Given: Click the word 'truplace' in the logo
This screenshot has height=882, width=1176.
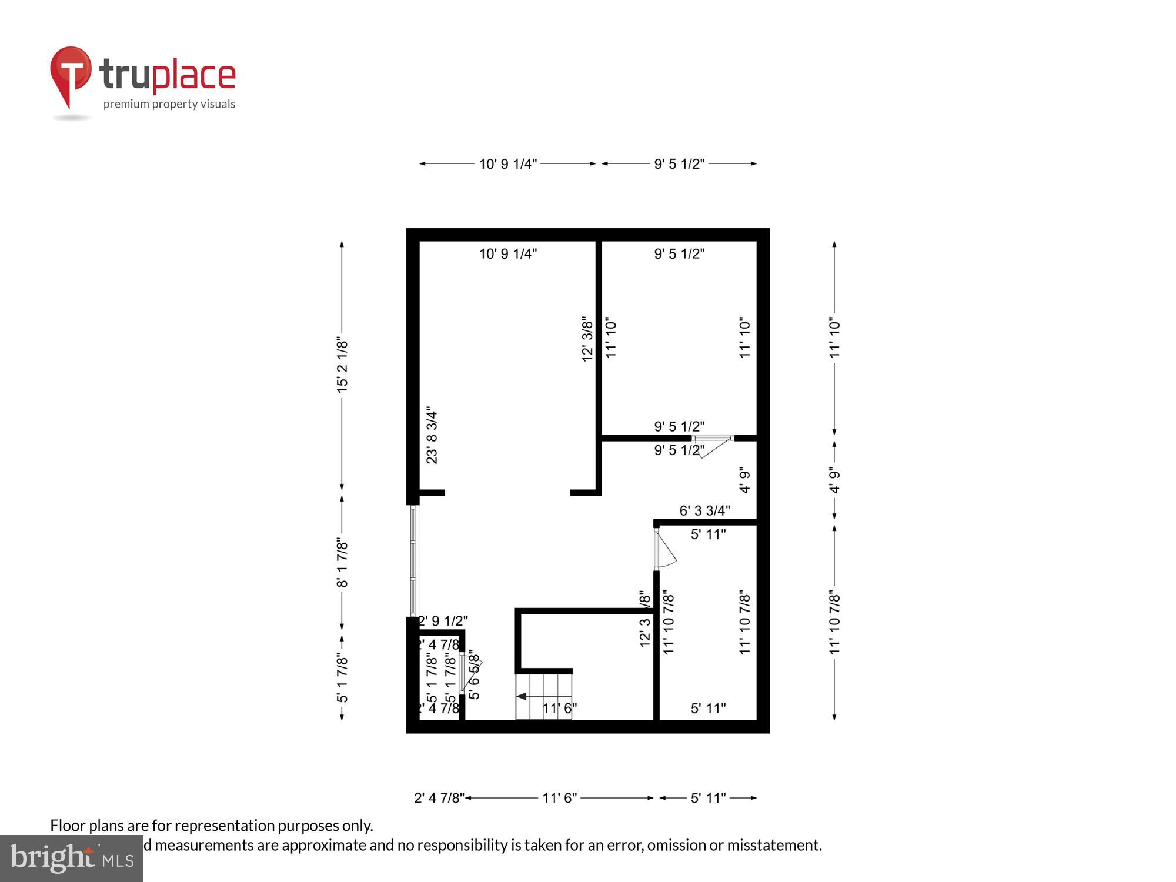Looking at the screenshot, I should coord(168,76).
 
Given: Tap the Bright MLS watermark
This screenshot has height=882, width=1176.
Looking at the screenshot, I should coord(72,858).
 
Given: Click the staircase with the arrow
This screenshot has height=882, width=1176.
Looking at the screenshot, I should coord(544,697).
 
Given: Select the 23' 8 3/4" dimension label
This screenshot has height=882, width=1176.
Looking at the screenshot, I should coord(432,435).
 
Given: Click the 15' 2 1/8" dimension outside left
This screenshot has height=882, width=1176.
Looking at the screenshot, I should coord(342,365).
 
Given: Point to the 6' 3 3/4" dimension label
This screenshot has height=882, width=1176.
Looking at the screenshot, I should coord(704,510).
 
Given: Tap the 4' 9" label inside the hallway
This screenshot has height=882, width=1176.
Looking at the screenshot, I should coord(745,480).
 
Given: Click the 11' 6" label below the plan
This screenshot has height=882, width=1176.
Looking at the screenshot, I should coord(559,798).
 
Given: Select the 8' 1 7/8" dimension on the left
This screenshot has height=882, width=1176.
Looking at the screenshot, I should coord(342,563).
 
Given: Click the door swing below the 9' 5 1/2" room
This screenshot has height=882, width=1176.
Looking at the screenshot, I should coord(714,447).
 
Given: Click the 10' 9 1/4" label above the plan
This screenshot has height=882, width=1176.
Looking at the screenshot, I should coord(507,163).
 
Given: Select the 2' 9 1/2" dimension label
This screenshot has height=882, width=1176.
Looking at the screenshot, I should coord(443,621).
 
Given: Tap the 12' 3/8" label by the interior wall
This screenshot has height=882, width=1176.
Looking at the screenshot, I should coord(587,339).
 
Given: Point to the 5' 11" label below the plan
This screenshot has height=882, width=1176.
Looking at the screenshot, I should coord(708,798).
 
